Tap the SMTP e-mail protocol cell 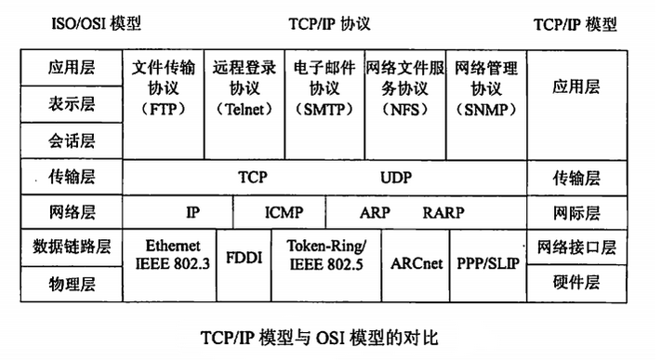pyautogui.click(x=324, y=87)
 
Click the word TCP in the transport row pyautogui.click(x=253, y=176)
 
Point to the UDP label pyautogui.click(x=395, y=176)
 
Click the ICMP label pyautogui.click(x=284, y=212)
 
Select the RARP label pyautogui.click(x=443, y=212)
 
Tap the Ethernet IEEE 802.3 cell pyautogui.click(x=173, y=254)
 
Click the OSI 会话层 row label pyautogui.click(x=72, y=140)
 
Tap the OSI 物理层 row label pyautogui.click(x=72, y=282)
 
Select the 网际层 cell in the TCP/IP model pyautogui.click(x=576, y=212)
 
